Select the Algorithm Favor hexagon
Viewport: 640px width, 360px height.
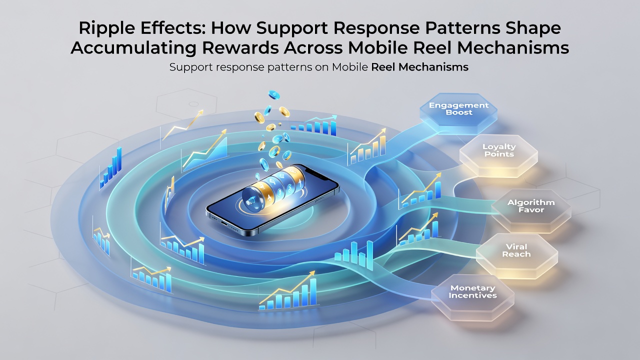click(x=531, y=210)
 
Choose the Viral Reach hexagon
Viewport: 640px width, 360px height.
click(x=516, y=255)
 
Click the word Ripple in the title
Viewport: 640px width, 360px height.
click(x=105, y=28)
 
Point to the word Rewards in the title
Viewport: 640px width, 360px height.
click(x=240, y=47)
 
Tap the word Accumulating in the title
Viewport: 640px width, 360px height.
click(x=133, y=48)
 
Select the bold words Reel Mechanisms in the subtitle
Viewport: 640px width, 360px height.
click(x=419, y=67)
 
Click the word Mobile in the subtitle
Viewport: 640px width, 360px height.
click(x=349, y=67)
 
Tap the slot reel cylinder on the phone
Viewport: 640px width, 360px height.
click(x=273, y=189)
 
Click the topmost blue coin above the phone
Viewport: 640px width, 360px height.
click(x=274, y=95)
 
